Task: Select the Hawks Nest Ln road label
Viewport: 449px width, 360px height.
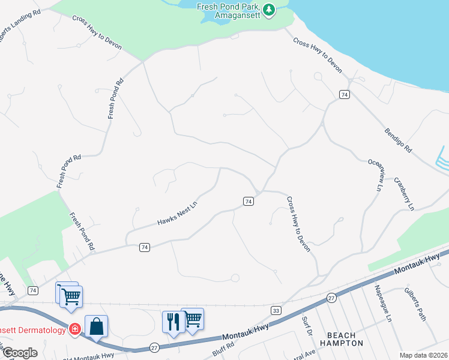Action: pyautogui.click(x=177, y=214)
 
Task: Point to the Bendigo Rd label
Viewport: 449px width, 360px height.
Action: pyautogui.click(x=399, y=139)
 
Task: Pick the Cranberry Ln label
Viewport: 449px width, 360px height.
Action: pyautogui.click(x=403, y=193)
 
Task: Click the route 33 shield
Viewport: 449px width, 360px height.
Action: pyautogui.click(x=276, y=310)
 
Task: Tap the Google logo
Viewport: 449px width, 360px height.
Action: pyautogui.click(x=20, y=352)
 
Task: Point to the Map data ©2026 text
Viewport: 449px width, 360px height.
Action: pyautogui.click(x=423, y=355)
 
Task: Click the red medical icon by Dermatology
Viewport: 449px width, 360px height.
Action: pyautogui.click(x=74, y=329)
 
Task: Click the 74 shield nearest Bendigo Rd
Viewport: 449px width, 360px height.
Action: pyautogui.click(x=344, y=95)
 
